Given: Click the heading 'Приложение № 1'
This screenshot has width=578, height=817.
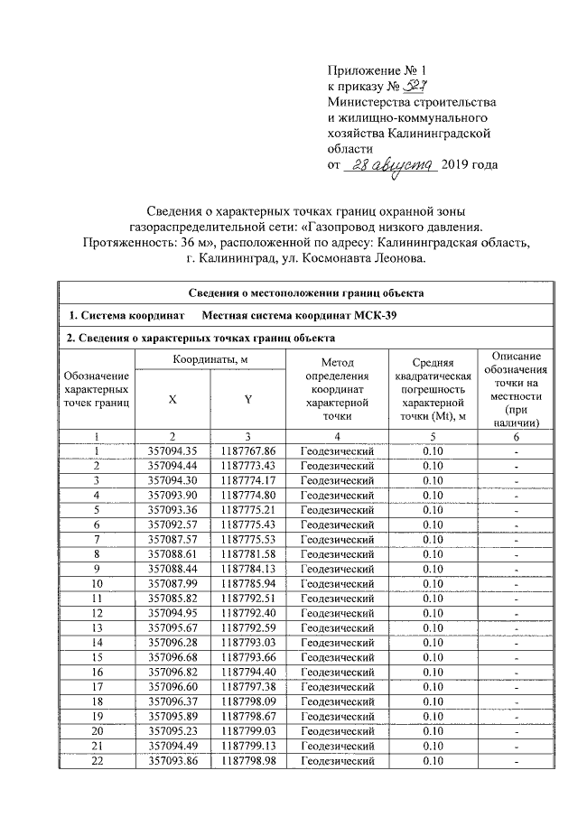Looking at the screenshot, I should click(x=373, y=70).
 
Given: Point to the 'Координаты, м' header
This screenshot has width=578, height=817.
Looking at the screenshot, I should click(x=210, y=360).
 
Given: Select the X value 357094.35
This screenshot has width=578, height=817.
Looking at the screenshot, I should click(x=172, y=450).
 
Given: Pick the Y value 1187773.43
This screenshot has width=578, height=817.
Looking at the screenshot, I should click(x=247, y=465).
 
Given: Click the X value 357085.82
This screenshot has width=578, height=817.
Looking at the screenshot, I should click(x=172, y=597).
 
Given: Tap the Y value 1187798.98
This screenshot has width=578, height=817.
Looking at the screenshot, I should click(x=247, y=762).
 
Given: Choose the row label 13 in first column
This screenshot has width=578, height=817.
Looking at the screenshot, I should click(x=95, y=627).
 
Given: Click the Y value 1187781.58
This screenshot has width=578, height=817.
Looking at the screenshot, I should click(x=247, y=553).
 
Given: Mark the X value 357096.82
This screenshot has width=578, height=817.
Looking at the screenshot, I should click(x=172, y=672).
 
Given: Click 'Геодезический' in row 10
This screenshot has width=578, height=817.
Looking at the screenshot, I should click(x=337, y=582).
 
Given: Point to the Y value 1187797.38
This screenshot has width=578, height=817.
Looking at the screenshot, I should click(x=247, y=687).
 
